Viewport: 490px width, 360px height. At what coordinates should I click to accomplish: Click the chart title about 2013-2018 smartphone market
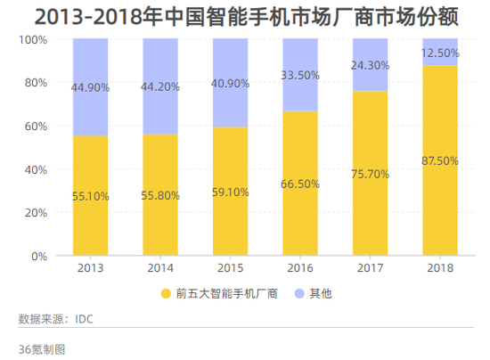[x=245, y=16]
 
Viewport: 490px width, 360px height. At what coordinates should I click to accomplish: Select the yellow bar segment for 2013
[x=90, y=223]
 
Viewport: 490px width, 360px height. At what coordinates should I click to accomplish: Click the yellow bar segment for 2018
[x=440, y=205]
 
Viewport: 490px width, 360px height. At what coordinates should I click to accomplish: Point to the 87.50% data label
[x=440, y=161]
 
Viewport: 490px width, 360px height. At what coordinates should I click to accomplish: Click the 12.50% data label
[x=440, y=53]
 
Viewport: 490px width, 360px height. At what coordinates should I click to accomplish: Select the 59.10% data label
[x=230, y=190]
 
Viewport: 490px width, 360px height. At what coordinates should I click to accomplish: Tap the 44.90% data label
[x=90, y=87]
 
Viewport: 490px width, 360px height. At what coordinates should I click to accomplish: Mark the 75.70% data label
[x=370, y=174]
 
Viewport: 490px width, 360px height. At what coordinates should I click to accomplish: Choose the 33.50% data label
[x=300, y=76]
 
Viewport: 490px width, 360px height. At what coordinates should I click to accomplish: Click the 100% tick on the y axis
[x=34, y=40]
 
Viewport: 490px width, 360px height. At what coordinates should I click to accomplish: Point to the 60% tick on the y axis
[x=37, y=127]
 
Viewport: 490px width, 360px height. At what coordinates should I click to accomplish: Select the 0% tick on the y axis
[x=39, y=257]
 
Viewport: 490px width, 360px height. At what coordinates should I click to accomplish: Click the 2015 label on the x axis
[x=230, y=268]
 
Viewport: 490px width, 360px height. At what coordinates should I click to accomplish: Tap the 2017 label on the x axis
[x=370, y=268]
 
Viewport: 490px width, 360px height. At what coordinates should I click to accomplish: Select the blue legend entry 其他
[x=312, y=292]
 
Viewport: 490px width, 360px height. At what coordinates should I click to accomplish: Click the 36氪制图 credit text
[x=42, y=348]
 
